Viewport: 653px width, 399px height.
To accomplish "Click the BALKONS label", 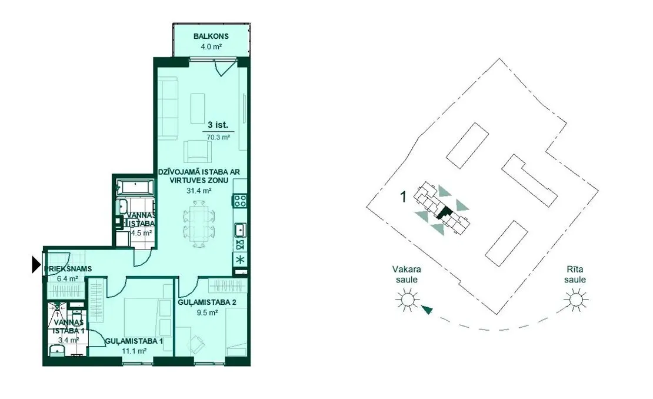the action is (211, 36).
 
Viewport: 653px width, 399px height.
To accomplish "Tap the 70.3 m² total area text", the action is (218, 137).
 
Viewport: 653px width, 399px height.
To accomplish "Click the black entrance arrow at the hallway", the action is (36, 264).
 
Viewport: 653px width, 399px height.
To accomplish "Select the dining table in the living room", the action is (199, 224).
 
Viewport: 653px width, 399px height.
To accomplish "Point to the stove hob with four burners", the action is (240, 201).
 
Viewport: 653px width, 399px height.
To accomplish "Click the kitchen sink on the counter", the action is (240, 230).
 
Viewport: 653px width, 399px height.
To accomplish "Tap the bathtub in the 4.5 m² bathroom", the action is (134, 187).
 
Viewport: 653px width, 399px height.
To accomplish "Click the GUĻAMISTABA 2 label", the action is (207, 302).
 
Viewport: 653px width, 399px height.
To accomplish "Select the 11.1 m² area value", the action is (134, 351).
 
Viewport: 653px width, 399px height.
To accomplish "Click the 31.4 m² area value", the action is (199, 191).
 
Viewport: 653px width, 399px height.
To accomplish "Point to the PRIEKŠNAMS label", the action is (68, 268).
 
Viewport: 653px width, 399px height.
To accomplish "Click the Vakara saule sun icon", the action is (406, 300).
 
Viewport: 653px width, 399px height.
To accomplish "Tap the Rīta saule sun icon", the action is (575, 299).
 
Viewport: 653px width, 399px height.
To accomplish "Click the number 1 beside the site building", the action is (403, 197).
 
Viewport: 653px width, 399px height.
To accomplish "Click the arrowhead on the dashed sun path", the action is (427, 310).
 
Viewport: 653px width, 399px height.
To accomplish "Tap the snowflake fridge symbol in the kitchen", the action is (240, 259).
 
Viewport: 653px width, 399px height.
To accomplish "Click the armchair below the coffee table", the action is (198, 151).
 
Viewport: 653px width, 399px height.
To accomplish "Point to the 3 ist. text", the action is (218, 125).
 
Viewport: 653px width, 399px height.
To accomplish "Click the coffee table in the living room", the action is (198, 108).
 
